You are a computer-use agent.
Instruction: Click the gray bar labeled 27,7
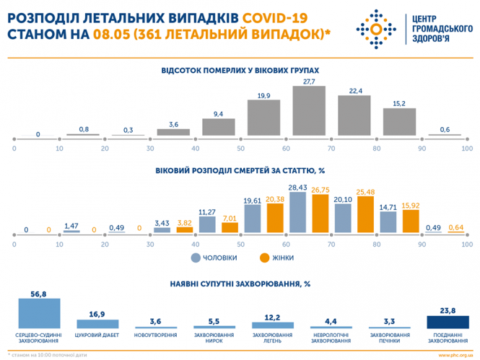309,111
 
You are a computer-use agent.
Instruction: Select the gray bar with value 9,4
219,127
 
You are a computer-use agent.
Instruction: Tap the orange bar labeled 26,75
320,214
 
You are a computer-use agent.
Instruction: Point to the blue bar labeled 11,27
207,225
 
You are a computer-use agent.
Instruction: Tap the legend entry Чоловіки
214,257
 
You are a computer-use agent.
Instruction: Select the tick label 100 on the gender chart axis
466,244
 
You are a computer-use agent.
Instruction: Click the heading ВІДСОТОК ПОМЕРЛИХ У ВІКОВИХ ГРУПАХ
240,70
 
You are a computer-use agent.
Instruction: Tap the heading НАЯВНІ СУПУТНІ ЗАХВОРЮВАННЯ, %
240,285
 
